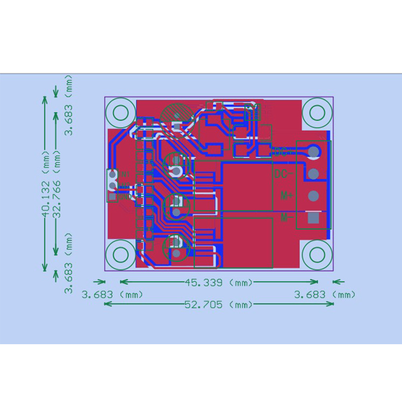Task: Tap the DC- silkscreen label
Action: (x=284, y=174)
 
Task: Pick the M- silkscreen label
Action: (x=285, y=218)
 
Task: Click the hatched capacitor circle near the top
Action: (x=178, y=115)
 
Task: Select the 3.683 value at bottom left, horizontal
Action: (x=98, y=294)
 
